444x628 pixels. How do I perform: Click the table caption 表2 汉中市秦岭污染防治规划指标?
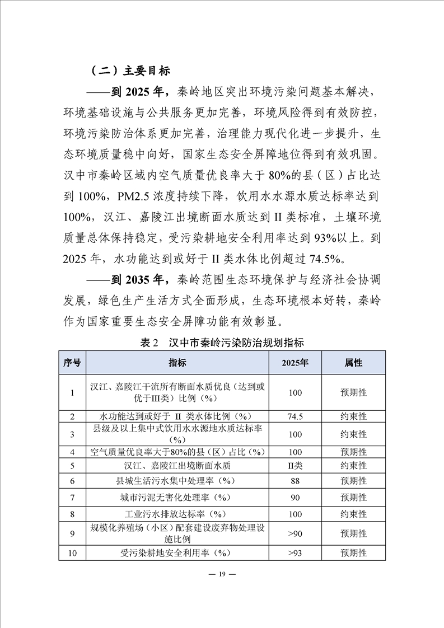pyautogui.click(x=222, y=342)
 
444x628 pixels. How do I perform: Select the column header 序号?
pyautogui.click(x=72, y=363)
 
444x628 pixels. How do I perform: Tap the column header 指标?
pyautogui.click(x=177, y=363)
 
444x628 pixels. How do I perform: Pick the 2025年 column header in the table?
pyautogui.click(x=295, y=363)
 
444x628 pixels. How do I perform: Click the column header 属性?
pyautogui.click(x=353, y=363)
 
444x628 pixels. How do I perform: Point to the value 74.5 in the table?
pyautogui.click(x=295, y=417)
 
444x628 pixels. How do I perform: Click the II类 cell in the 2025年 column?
pyautogui.click(x=295, y=466)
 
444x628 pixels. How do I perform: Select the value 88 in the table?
pyautogui.click(x=295, y=481)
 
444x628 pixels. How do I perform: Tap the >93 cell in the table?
pyautogui.click(x=295, y=553)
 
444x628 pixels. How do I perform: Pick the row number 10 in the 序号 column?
pyautogui.click(x=72, y=553)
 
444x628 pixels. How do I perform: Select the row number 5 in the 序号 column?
pyautogui.click(x=72, y=466)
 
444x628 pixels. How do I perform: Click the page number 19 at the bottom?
pyautogui.click(x=222, y=575)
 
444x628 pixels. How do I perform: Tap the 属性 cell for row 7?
pyautogui.click(x=353, y=497)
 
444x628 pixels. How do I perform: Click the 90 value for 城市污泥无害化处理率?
pyautogui.click(x=295, y=497)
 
